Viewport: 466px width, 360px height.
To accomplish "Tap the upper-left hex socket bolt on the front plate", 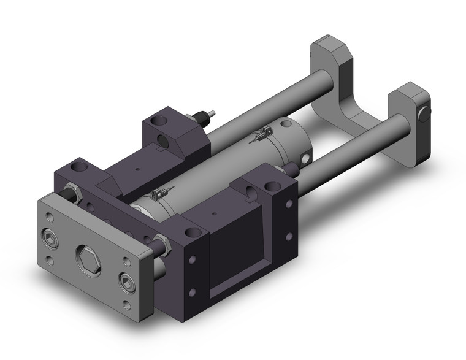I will coord(50,235).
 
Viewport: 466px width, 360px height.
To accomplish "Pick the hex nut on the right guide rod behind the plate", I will coord(162,242).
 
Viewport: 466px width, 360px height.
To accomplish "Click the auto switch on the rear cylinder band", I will coord(265,131).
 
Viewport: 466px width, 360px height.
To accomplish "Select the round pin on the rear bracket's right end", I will coord(423,114).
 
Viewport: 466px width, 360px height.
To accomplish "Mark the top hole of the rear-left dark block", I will coord(159,119).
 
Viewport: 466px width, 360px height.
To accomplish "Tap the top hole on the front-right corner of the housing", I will coord(194,232).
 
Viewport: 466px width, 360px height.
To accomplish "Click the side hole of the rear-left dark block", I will coord(162,140).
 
